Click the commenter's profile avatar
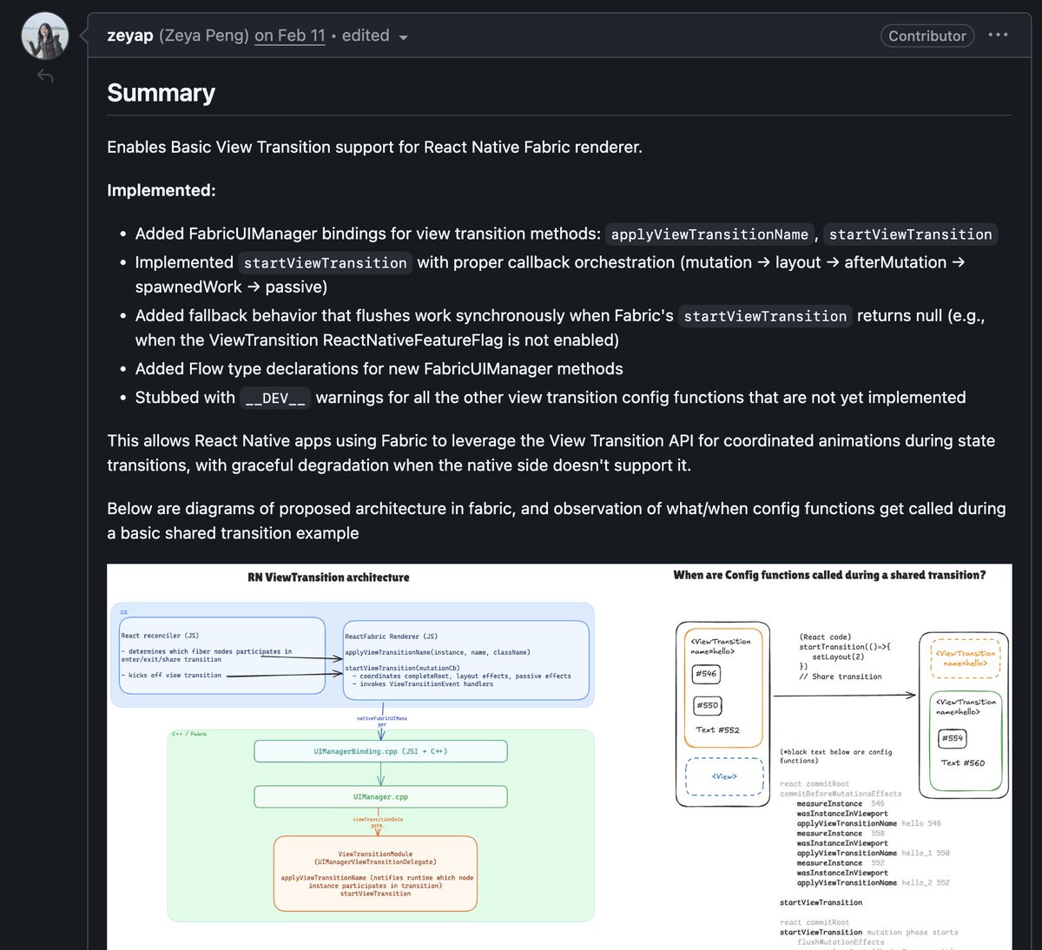coord(44,36)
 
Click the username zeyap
coord(130,36)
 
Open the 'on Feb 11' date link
coord(290,36)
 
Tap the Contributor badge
coord(927,36)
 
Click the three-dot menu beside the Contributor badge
coord(998,35)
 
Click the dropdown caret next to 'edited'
coord(403,37)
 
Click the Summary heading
coord(161,93)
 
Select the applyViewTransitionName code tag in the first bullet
coord(709,234)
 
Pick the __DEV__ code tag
coord(275,398)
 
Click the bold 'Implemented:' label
coord(161,190)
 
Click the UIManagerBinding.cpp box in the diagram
coord(380,751)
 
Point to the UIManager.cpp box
coord(380,796)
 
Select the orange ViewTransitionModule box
coord(375,873)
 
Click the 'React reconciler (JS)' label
coord(161,636)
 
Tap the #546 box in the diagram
coord(706,673)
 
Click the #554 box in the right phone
coord(953,738)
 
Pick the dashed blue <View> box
coord(724,776)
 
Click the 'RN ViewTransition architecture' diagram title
coord(328,577)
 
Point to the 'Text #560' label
coord(962,763)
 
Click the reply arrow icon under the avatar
coord(45,77)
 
